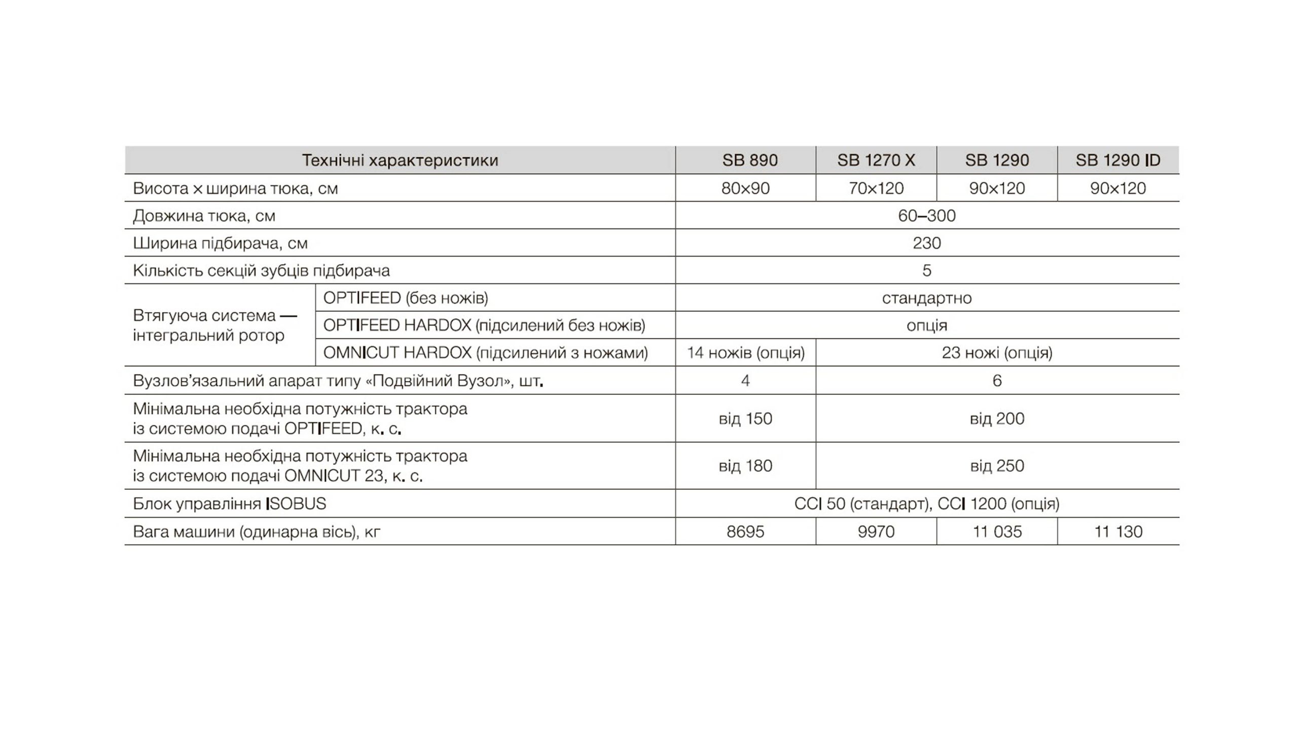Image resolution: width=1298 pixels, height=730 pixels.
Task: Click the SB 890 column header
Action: click(x=749, y=160)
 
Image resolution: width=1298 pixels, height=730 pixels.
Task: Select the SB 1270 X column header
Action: click(x=876, y=160)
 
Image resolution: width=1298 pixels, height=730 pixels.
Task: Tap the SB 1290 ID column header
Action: click(x=1117, y=160)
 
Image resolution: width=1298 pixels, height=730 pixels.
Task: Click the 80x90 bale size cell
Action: click(x=745, y=189)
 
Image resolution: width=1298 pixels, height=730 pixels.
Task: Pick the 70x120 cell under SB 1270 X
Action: click(x=876, y=189)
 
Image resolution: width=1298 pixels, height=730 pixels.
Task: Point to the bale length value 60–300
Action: click(x=926, y=216)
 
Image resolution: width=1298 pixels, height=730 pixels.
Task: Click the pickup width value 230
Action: click(x=926, y=243)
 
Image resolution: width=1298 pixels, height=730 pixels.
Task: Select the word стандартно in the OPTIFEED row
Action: click(x=926, y=298)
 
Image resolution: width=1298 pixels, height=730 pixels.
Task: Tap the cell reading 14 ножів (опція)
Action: click(x=745, y=353)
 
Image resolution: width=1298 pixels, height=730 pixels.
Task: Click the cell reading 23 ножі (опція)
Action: click(x=997, y=353)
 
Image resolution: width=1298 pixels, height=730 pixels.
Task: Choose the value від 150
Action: click(x=745, y=419)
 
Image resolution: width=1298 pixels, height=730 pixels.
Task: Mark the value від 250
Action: click(x=997, y=466)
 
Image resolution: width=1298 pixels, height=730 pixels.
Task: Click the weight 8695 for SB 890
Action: click(x=745, y=532)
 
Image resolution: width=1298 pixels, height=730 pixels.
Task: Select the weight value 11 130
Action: click(x=1118, y=532)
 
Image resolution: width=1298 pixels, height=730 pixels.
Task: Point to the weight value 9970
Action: click(x=876, y=532)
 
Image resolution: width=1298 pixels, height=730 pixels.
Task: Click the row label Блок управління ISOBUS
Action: click(x=229, y=504)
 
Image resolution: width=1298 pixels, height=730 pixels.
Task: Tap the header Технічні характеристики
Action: click(x=400, y=160)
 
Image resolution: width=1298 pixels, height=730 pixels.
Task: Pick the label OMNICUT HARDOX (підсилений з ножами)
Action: click(x=485, y=353)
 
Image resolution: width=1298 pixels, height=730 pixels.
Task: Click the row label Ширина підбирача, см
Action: click(x=220, y=243)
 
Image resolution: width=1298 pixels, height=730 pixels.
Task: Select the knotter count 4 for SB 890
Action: click(x=745, y=381)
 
